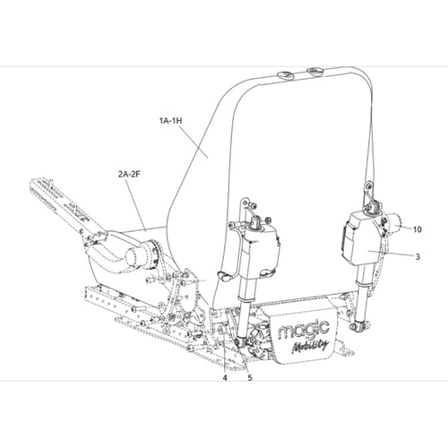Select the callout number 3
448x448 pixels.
coord(417,256)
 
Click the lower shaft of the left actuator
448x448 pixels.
coord(245,309)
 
